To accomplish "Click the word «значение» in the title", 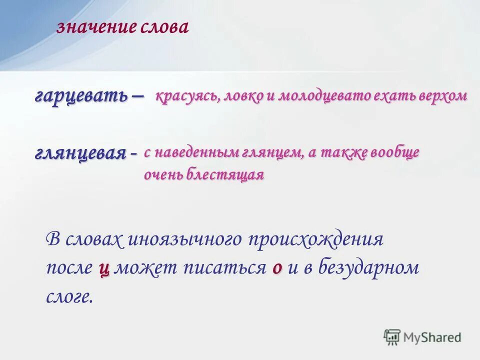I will (95, 27).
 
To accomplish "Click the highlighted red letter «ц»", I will (104, 268).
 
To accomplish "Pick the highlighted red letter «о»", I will (277, 268).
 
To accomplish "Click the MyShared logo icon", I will (392, 336).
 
